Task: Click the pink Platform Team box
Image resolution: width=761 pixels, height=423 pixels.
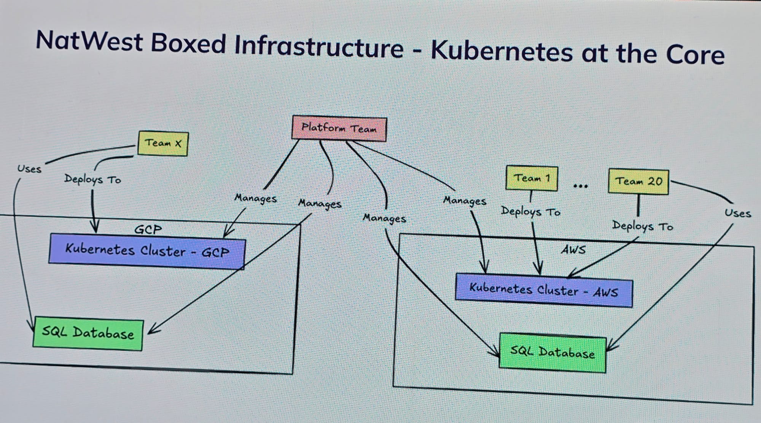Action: [x=339, y=128]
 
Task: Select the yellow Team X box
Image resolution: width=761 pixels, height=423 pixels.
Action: [x=163, y=143]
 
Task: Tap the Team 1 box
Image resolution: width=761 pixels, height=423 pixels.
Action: [x=532, y=178]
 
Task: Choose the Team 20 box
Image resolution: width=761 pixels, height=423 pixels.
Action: [x=638, y=182]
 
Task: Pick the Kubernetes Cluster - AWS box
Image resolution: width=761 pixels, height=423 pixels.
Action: [x=544, y=290]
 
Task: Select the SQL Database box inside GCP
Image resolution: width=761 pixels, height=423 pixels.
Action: [x=88, y=333]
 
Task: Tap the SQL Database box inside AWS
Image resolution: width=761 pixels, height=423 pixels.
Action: [x=552, y=353]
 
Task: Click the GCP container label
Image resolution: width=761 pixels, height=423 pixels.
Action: [x=148, y=230]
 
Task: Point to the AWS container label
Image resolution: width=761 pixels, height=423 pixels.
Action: [x=573, y=250]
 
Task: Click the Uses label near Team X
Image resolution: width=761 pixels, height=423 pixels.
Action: [x=29, y=169]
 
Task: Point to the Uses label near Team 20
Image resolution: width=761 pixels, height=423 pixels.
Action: [x=737, y=213]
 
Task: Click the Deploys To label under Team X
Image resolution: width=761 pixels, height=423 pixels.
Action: [x=92, y=179]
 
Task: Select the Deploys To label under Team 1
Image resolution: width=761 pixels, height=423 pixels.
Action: [x=530, y=212]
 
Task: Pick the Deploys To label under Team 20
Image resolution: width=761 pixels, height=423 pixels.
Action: [x=642, y=227]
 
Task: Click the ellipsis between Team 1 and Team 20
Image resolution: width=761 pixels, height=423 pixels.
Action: [x=581, y=186]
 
